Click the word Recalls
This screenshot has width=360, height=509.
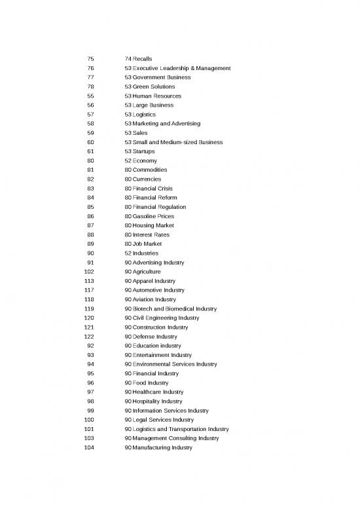pos(142,59)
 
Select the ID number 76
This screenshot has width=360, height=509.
pos(90,68)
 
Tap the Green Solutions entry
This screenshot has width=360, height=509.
pos(153,86)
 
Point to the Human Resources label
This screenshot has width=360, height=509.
pos(156,96)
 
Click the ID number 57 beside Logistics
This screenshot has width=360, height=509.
pos(90,114)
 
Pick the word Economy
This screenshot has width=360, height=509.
pos(145,160)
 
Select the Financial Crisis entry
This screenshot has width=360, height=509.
pos(154,188)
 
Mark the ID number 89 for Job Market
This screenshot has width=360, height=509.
pos(90,244)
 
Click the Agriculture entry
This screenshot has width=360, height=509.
pos(146,271)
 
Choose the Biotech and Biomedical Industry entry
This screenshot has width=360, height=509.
pos(174,309)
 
